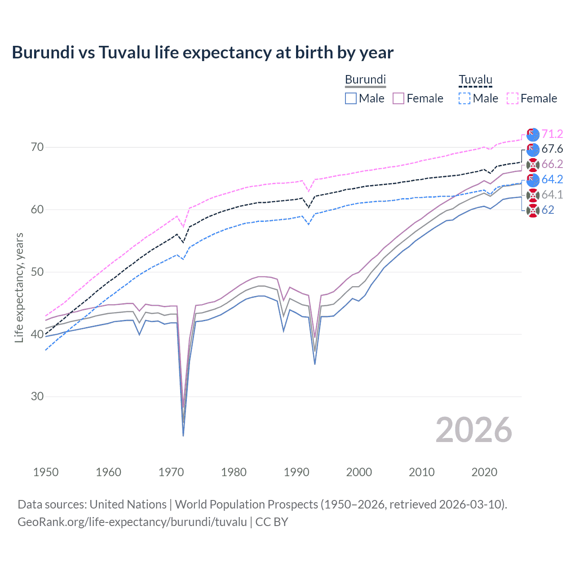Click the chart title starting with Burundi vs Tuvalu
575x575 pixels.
[x=203, y=53]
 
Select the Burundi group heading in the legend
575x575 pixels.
[x=365, y=80]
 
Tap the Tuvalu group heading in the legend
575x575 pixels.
[x=475, y=80]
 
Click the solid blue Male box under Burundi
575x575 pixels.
[x=351, y=98]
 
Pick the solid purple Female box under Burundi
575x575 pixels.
[x=398, y=98]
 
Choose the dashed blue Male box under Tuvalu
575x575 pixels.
[x=464, y=98]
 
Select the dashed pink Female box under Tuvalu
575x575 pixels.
[x=513, y=98]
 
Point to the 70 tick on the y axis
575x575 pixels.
[x=37, y=147]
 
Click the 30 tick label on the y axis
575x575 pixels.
[x=37, y=397]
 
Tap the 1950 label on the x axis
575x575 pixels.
[x=46, y=472]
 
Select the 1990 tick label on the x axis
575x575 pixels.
[x=296, y=472]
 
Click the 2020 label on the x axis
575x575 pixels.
[x=484, y=472]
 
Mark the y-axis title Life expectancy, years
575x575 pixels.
[x=19, y=287]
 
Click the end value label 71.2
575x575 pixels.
[x=552, y=134]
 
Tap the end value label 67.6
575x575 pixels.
[x=552, y=149]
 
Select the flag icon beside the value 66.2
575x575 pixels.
[x=533, y=164]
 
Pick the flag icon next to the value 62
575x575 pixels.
[x=533, y=210]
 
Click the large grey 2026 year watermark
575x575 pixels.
[x=474, y=430]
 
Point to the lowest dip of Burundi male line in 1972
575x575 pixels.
[x=183, y=435]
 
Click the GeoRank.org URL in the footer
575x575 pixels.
[x=132, y=522]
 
